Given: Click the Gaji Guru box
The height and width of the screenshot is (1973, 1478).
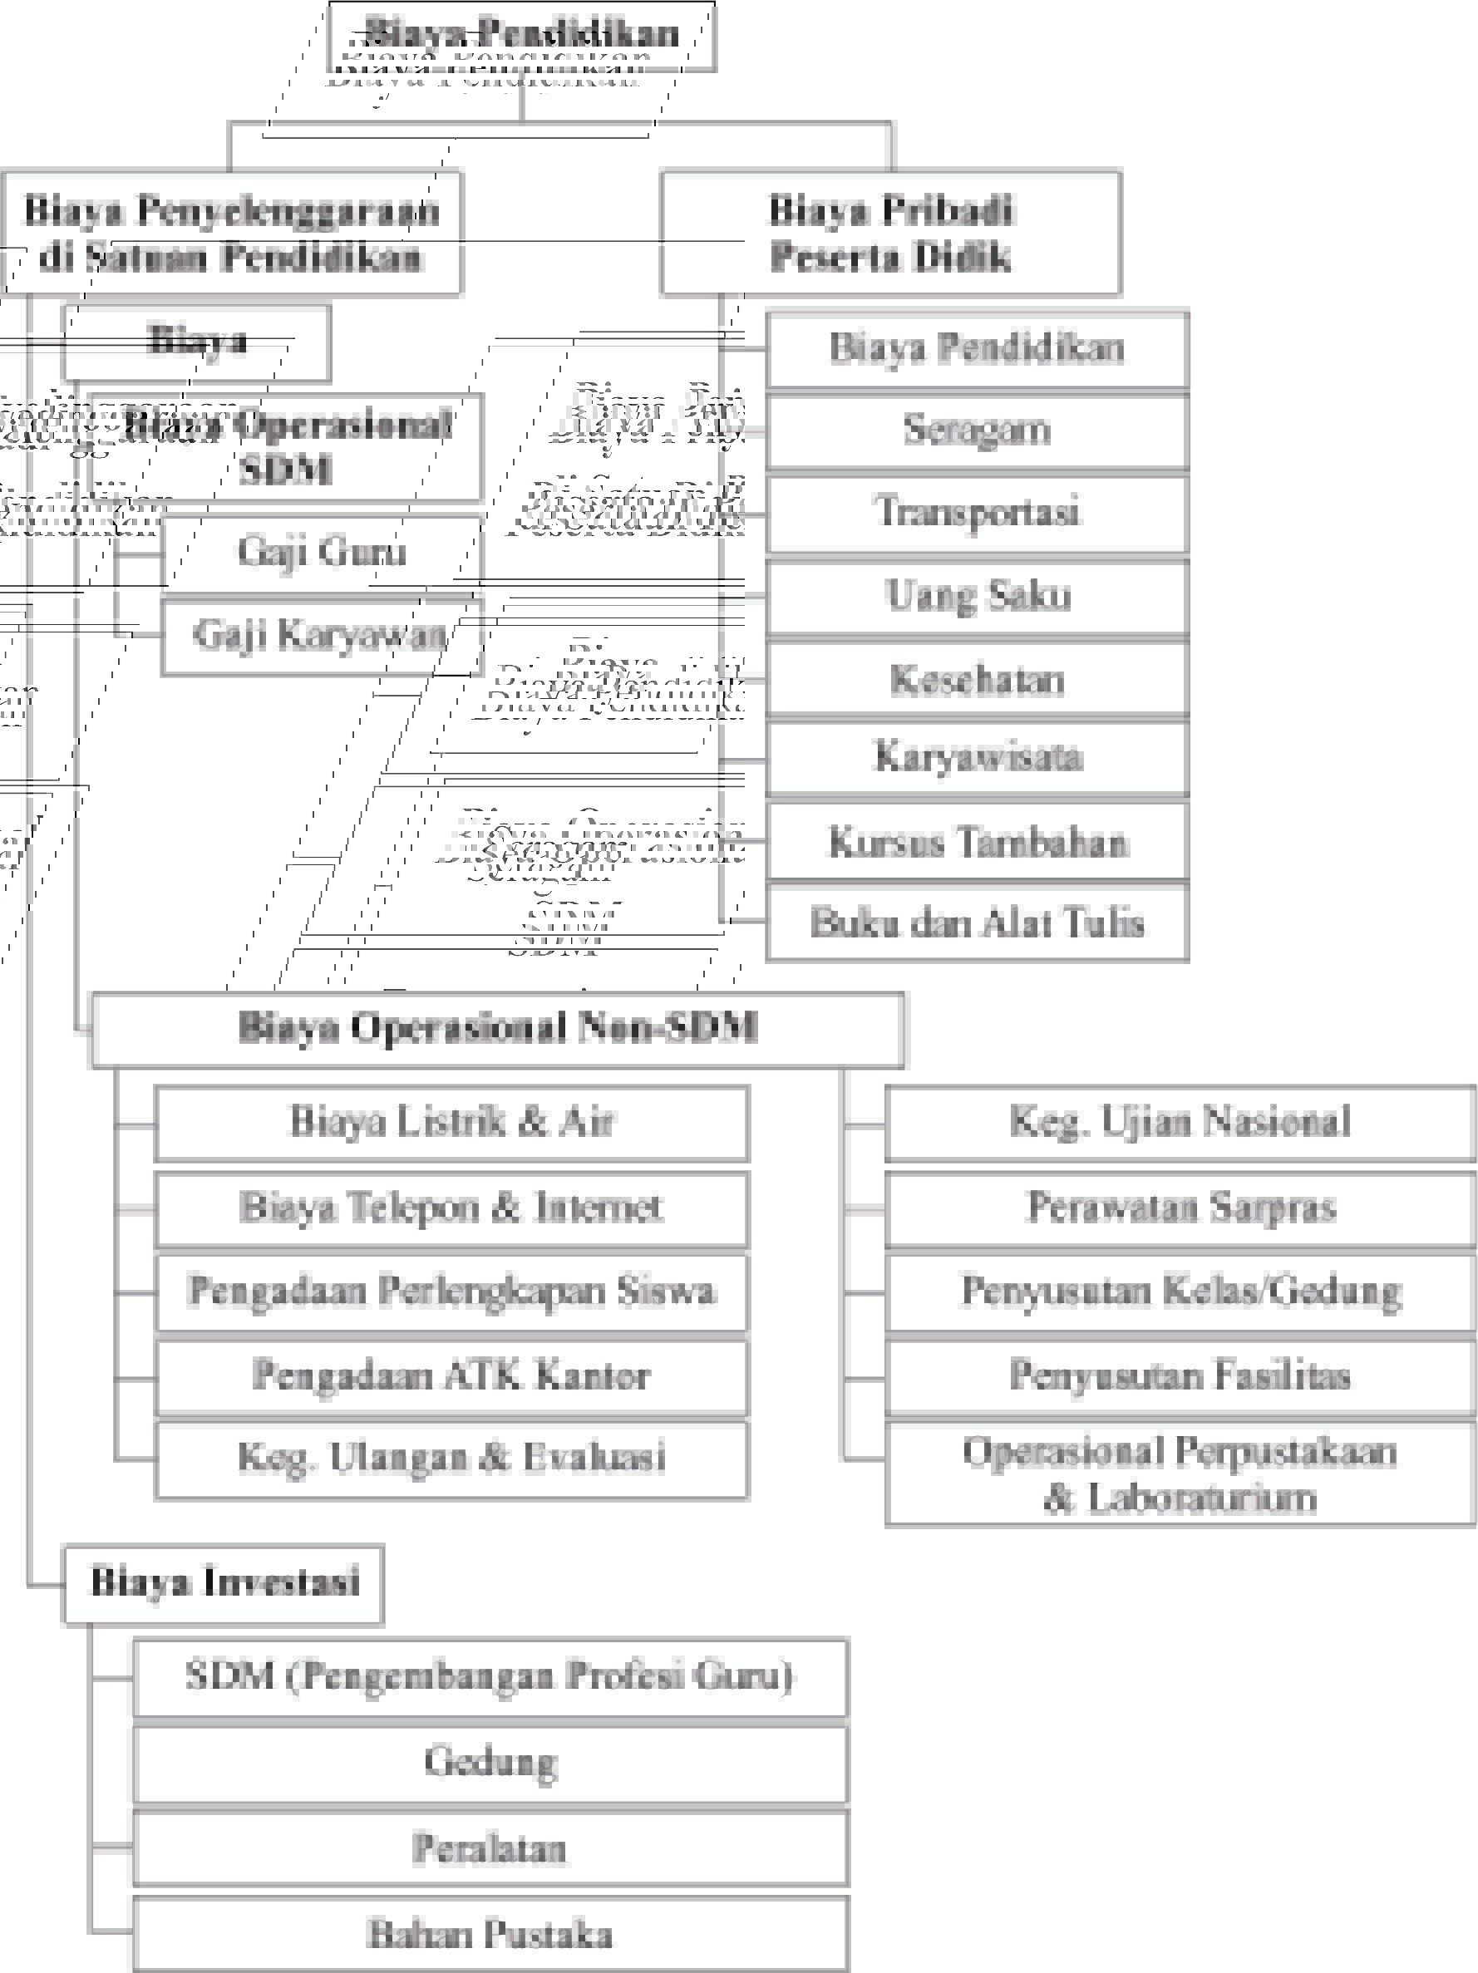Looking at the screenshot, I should [x=321, y=551].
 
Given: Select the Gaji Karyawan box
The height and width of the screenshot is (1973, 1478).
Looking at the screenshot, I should [x=321, y=635].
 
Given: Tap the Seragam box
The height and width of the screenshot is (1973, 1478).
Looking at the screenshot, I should [x=977, y=430].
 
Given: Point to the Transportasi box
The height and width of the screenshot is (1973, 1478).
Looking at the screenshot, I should [x=977, y=512].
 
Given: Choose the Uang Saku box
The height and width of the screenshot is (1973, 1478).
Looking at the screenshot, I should [x=977, y=596].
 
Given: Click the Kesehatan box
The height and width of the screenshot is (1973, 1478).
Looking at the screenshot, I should [x=977, y=679].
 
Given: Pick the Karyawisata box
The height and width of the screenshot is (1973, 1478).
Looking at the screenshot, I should [x=977, y=757].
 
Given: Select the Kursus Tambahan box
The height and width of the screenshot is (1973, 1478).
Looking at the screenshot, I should [x=977, y=841].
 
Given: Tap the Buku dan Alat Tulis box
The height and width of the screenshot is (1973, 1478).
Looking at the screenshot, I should [x=977, y=923].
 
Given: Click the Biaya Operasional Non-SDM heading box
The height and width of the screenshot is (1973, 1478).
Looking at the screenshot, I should [x=497, y=1028].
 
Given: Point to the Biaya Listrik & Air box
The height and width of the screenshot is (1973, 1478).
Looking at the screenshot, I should [x=451, y=1122].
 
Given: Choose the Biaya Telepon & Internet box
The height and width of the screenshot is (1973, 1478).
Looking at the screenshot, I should [x=451, y=1208].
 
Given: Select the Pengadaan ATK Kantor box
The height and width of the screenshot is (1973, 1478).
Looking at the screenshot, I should [x=451, y=1375].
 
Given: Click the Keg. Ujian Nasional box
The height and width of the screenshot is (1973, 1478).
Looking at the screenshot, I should [x=1180, y=1122].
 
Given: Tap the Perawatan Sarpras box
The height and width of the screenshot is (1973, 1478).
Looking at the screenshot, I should [x=1180, y=1208].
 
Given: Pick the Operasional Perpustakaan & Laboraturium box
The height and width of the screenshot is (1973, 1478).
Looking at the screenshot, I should [x=1180, y=1474].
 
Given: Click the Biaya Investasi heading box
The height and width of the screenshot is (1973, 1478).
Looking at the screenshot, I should [x=224, y=1583].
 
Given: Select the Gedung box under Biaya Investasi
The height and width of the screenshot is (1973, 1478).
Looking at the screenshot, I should [x=490, y=1762].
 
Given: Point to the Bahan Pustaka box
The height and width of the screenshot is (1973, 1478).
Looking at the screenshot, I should [x=490, y=1934].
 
